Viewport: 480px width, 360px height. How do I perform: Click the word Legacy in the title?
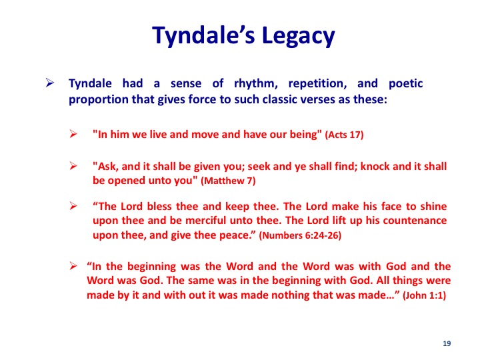click(x=299, y=36)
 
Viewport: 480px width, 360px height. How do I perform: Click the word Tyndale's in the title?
click(x=203, y=35)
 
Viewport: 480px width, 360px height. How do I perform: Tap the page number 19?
click(x=447, y=343)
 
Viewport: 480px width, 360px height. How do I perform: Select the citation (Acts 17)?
click(x=344, y=135)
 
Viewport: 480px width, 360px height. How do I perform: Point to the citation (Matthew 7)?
click(x=228, y=181)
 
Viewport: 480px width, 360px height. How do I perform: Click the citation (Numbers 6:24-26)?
click(x=300, y=235)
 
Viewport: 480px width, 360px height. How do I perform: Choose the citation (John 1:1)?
click(x=424, y=295)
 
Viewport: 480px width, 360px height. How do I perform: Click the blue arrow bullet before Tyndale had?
click(x=50, y=83)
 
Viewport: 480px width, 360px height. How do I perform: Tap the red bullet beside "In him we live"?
click(x=73, y=134)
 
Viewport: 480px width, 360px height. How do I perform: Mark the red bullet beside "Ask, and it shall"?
click(x=73, y=166)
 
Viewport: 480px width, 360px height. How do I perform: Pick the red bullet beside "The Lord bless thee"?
click(x=73, y=206)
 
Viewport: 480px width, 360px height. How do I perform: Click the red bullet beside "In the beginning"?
click(x=73, y=265)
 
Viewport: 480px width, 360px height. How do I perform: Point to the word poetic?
click(x=405, y=84)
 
